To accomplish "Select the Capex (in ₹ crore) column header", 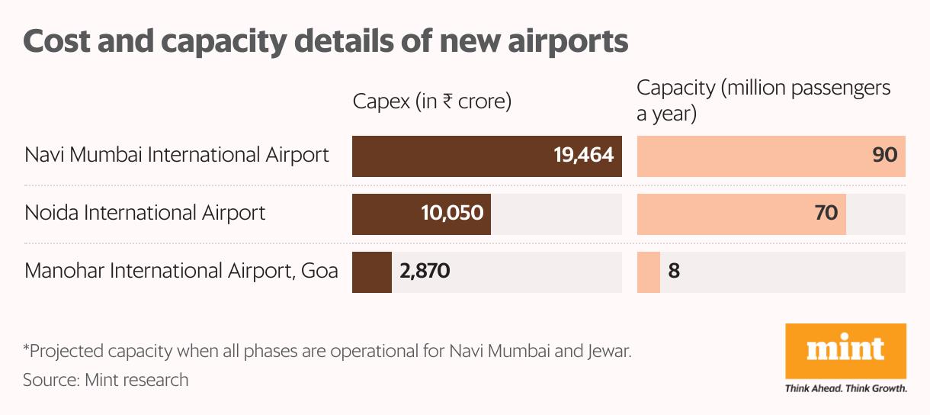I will point(431,101).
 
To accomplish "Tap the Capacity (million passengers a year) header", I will point(763,101).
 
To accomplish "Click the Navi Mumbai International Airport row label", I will point(177,155).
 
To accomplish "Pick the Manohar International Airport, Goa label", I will point(181,271).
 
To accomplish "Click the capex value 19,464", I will point(583,156).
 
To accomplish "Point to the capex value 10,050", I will point(452,212).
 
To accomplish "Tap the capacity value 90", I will point(884,156).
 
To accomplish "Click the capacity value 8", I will point(674,271).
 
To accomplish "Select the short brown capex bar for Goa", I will point(371,272).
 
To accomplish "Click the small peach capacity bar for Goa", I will point(649,272).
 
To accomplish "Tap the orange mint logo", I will point(845,351).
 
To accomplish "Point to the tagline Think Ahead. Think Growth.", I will point(845,388).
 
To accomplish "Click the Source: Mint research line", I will point(105,379).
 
